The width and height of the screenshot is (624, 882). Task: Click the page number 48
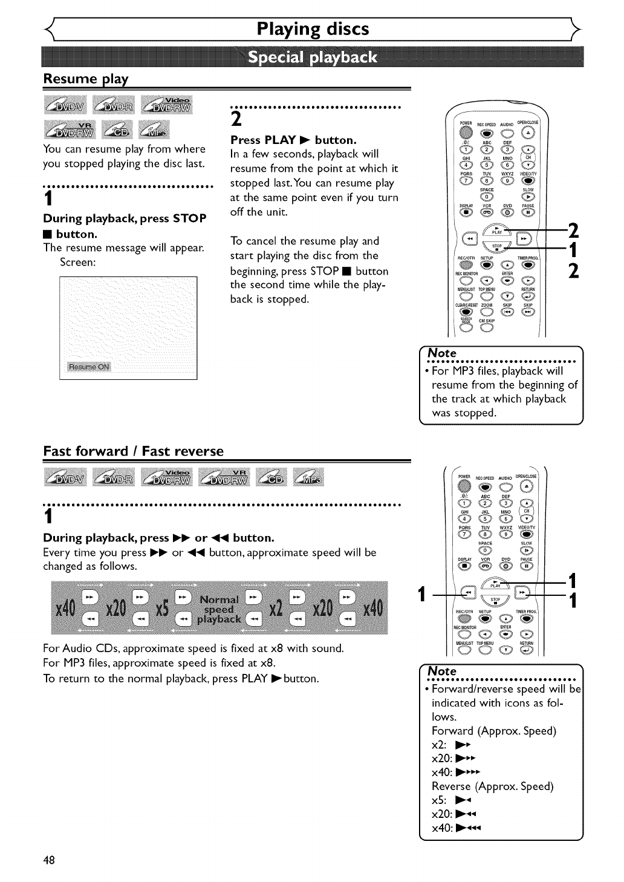[x=49, y=860]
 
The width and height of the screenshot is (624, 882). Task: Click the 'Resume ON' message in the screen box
[x=89, y=367]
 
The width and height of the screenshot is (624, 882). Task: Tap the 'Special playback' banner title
[x=313, y=57]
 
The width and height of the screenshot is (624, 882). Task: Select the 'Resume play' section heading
[x=86, y=79]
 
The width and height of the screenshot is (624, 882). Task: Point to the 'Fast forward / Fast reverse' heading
[x=133, y=451]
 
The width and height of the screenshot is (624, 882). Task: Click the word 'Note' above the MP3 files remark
[x=442, y=353]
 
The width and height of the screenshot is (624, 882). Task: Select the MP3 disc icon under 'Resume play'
[x=155, y=129]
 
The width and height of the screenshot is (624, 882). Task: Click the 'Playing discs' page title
[x=313, y=29]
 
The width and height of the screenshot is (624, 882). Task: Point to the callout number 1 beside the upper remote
[x=573, y=249]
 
